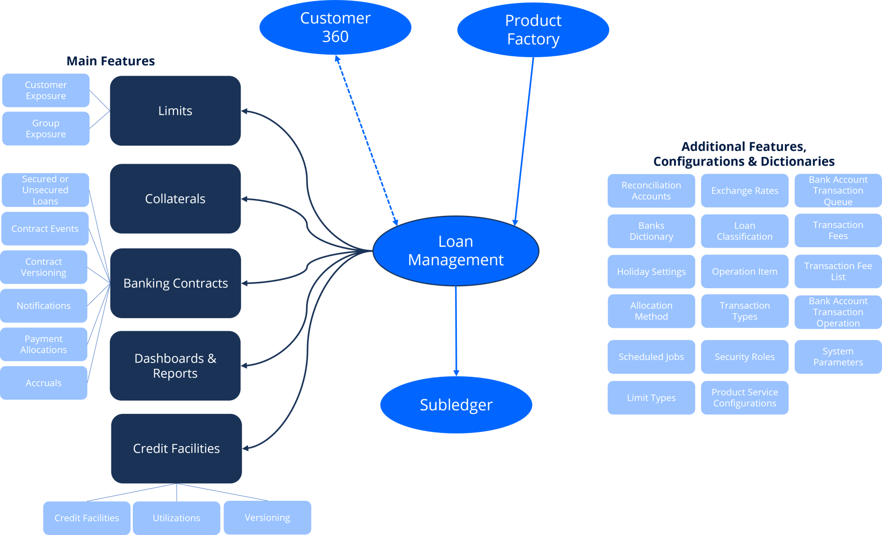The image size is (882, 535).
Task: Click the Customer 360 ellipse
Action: pos(335,27)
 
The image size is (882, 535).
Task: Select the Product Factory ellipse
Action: pos(533,30)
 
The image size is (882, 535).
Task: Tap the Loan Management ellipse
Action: pos(456,251)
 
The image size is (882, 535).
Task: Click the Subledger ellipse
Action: pos(456,405)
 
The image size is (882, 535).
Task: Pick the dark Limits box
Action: pos(175,110)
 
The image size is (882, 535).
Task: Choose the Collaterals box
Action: pos(175,198)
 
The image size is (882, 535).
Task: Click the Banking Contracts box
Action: pos(176,283)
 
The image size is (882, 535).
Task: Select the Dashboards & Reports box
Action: pos(175,365)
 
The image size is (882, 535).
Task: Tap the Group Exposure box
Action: pos(46,128)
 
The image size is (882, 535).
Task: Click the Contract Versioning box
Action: pos(44,267)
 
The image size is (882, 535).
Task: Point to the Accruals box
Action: pos(44,383)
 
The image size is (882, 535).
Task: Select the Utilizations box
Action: pos(177,518)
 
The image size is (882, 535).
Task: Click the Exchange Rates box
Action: pos(745,191)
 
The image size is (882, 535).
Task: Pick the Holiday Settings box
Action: pos(651,272)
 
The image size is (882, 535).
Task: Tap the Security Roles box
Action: pos(745,357)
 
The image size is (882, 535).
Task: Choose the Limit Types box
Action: pos(651,398)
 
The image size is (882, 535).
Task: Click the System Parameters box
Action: pos(838,357)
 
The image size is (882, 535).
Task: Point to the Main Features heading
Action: pos(111,61)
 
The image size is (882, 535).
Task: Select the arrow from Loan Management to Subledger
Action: pos(456,331)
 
